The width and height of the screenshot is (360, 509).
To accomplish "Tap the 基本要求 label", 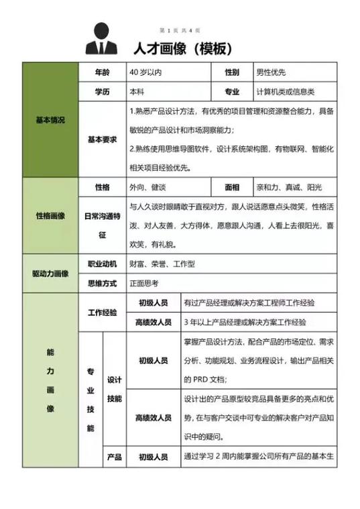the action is (102, 139).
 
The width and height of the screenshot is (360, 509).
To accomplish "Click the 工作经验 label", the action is (102, 313).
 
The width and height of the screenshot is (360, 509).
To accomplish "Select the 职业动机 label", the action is (102, 264).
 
